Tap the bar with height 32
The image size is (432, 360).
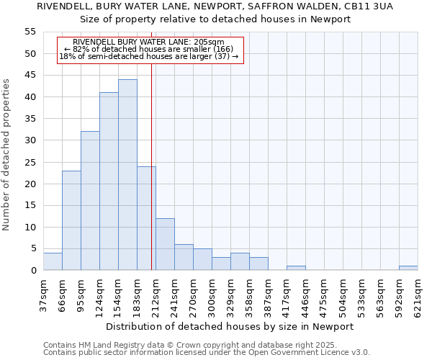click(x=90, y=201)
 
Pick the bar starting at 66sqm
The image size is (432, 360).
click(x=71, y=220)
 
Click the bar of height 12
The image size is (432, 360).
click(x=165, y=244)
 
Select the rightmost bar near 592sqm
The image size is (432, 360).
click(x=408, y=268)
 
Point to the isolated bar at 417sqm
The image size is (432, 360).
click(x=296, y=268)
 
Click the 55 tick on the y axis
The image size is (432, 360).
click(x=30, y=32)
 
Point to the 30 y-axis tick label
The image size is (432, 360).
click(x=30, y=140)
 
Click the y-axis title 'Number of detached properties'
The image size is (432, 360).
click(x=6, y=155)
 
